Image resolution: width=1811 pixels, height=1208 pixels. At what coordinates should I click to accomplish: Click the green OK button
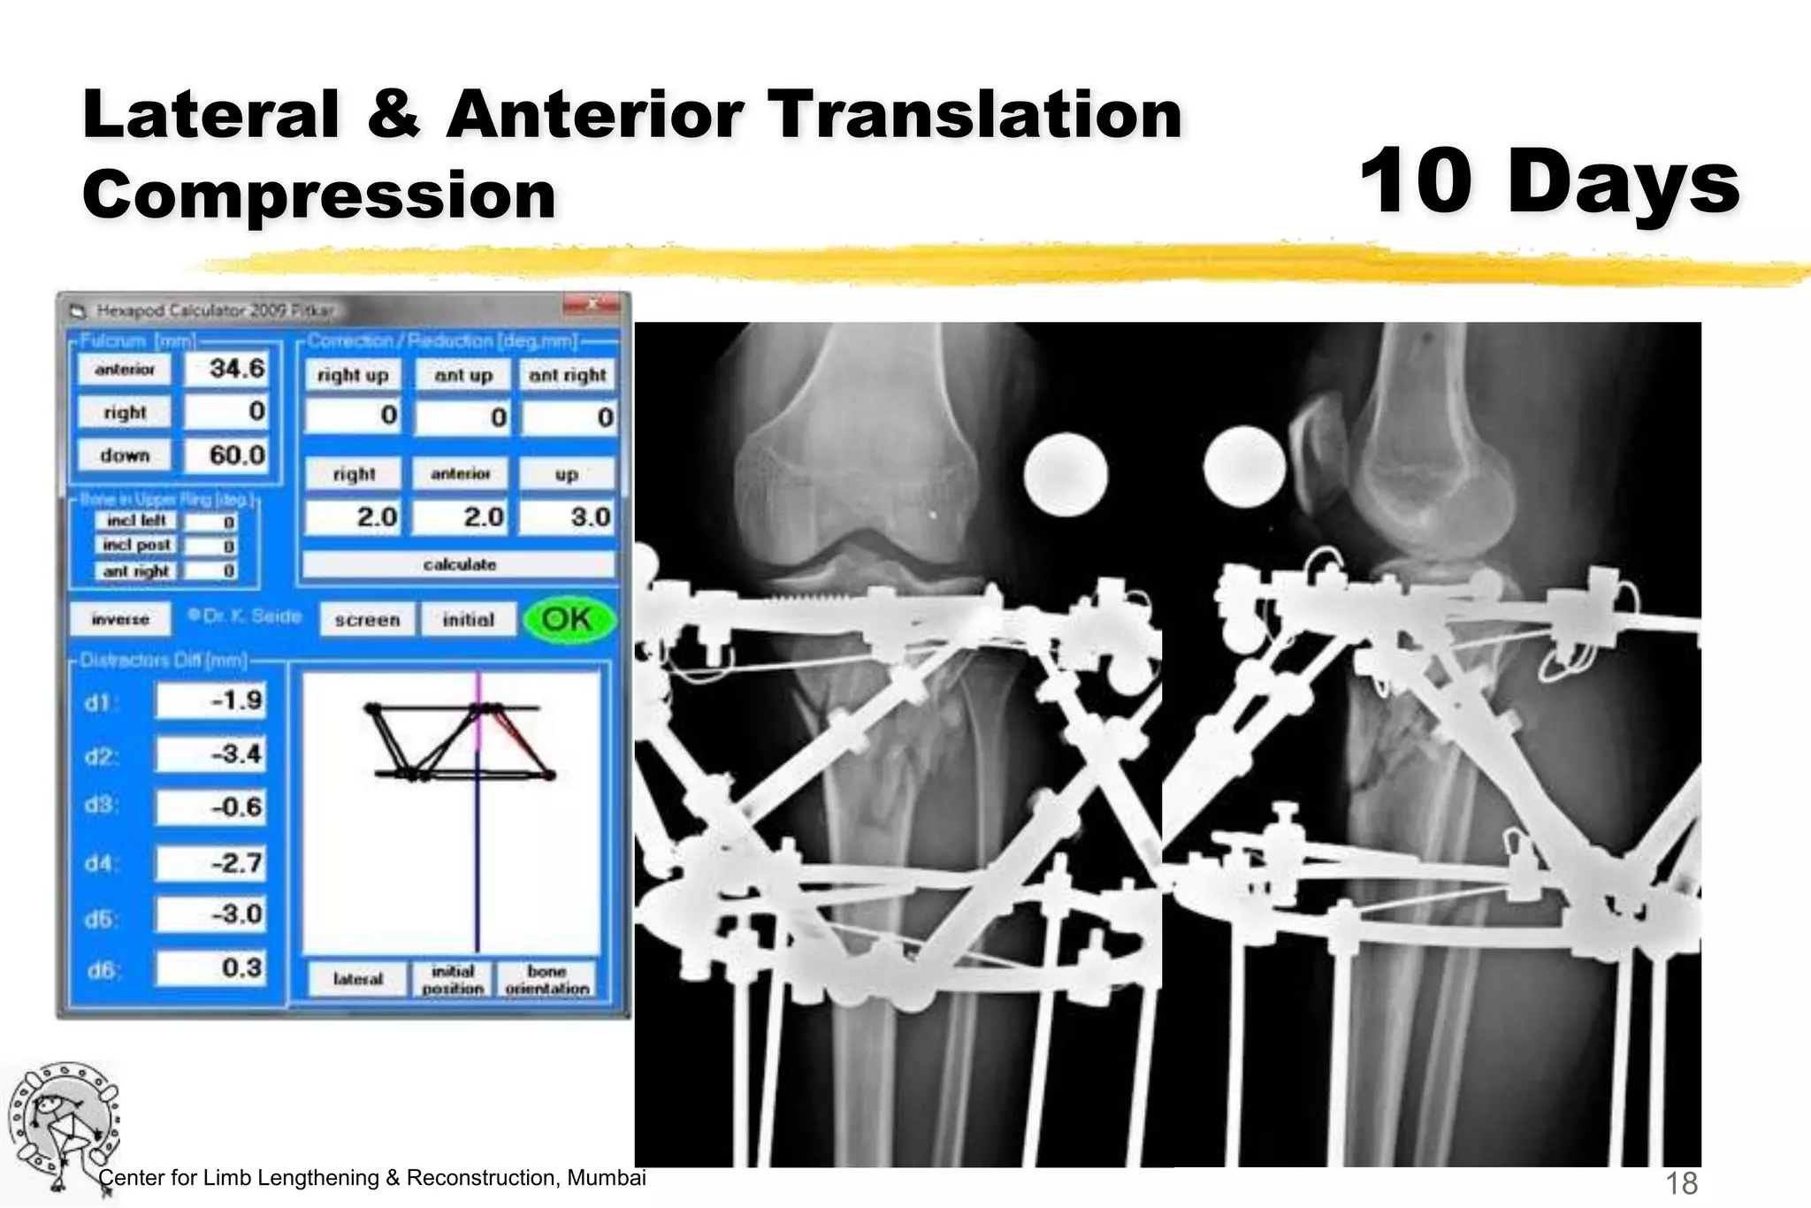[568, 619]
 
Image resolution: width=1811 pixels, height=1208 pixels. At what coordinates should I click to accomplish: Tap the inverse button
[120, 619]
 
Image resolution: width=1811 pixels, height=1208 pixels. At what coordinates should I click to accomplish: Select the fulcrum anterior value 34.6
[225, 369]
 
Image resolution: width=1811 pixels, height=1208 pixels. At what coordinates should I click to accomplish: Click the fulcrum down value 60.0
[225, 455]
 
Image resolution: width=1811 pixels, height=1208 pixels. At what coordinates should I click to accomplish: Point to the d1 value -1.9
[211, 701]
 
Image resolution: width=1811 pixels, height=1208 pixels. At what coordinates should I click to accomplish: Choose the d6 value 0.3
[211, 968]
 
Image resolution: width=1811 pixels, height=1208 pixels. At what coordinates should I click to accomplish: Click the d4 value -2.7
[211, 862]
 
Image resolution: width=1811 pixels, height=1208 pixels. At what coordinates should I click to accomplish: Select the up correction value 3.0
[567, 517]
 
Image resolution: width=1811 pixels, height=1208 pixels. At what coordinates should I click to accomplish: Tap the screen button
[367, 620]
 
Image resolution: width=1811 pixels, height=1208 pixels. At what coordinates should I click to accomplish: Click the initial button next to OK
[468, 620]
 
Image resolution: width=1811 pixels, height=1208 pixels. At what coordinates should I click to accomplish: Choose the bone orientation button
[546, 980]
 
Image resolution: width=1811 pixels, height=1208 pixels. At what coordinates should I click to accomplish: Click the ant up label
[462, 375]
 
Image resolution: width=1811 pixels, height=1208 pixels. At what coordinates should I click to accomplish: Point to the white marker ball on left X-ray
[1066, 475]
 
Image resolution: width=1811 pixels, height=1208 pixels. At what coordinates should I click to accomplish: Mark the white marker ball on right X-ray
[1245, 467]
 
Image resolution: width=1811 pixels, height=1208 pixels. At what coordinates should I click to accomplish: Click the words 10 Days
[1549, 181]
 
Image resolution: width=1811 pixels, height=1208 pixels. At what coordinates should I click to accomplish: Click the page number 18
[1681, 1182]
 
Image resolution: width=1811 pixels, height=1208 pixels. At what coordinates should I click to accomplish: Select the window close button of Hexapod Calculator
[591, 305]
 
